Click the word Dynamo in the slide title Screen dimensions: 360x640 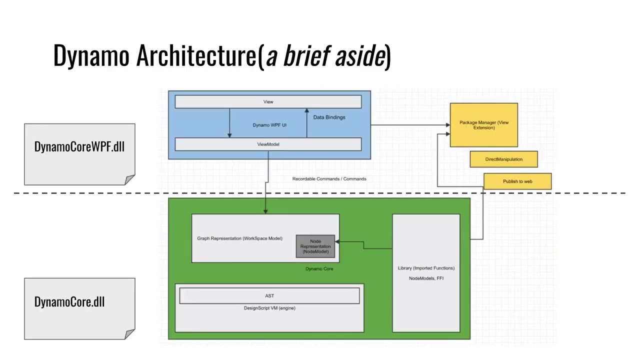pyautogui.click(x=91, y=55)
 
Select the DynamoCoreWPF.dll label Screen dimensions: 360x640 pyautogui.click(x=79, y=147)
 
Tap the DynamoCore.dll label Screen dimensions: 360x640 pyautogui.click(x=69, y=302)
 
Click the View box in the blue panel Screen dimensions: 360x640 pyautogui.click(x=268, y=102)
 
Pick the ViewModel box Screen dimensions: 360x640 pyautogui.click(x=268, y=144)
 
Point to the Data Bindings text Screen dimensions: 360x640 pyautogui.click(x=329, y=117)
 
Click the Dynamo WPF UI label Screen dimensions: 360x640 pyautogui.click(x=269, y=125)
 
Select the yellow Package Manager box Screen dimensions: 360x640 pyautogui.click(x=483, y=125)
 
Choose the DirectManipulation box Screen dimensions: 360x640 pyautogui.click(x=503, y=159)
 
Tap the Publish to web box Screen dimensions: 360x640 pyautogui.click(x=517, y=181)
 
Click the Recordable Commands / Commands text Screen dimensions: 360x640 pyautogui.click(x=329, y=179)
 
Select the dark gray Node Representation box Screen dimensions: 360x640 pyautogui.click(x=315, y=246)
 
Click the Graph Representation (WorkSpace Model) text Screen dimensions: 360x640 pyautogui.click(x=239, y=238)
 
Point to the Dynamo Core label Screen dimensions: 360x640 pyautogui.click(x=319, y=269)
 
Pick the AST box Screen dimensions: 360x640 pyautogui.click(x=269, y=296)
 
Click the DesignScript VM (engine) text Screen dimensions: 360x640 pyautogui.click(x=269, y=308)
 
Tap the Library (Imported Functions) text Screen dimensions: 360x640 pyautogui.click(x=426, y=268)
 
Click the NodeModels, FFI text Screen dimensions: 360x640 pyautogui.click(x=426, y=278)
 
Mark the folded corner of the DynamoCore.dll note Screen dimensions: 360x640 pyautogui.click(x=130, y=334)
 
